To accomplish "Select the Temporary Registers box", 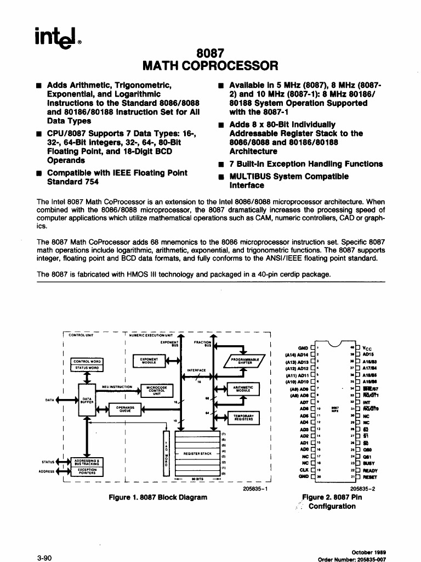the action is pos(243,418).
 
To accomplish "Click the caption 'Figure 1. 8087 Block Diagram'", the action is pos(158,498).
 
